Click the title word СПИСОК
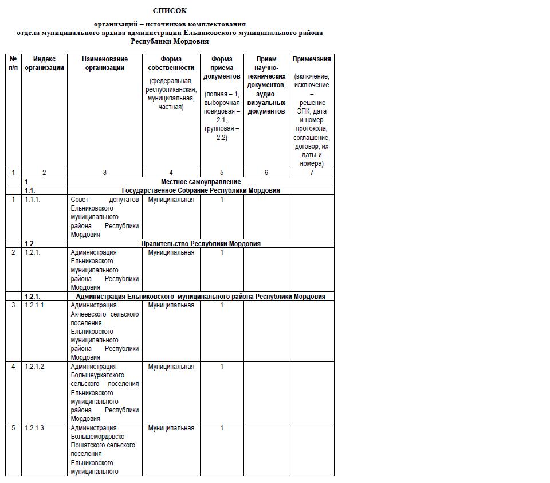pos(170,11)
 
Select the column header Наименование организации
pos(104,63)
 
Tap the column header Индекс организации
pos(44,63)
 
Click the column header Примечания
pos(312,59)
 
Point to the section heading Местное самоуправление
pos(201,182)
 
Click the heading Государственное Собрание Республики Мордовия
pos(201,190)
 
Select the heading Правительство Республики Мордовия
pos(201,244)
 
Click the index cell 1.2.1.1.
pos(35,305)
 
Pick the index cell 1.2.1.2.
pos(35,367)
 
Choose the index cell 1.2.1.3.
pos(35,428)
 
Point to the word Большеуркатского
pos(97,376)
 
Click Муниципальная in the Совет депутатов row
pos(171,200)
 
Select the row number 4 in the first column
pos(13,367)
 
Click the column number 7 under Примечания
pos(312,173)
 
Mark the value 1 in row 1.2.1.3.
pos(222,428)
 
